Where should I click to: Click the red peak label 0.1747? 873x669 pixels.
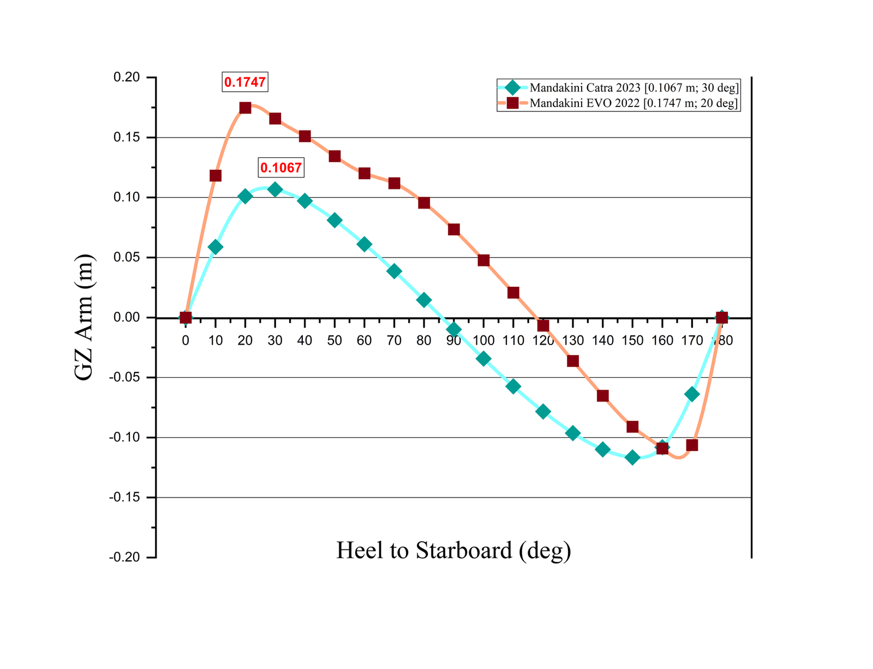pos(245,82)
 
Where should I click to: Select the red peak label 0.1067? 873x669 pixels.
pos(280,168)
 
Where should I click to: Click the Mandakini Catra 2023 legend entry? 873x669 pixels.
pos(618,87)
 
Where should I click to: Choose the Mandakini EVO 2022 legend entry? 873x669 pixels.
pos(618,103)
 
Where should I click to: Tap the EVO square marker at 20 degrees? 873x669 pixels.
pos(246,108)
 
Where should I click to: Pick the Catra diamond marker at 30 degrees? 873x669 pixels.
pos(275,190)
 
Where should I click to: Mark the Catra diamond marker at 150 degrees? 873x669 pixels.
pos(632,457)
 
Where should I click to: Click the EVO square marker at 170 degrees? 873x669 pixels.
pos(692,445)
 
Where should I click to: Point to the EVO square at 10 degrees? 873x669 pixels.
pos(216,175)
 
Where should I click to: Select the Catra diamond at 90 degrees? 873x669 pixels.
pos(454,329)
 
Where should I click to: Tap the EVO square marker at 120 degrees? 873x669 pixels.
pos(543,326)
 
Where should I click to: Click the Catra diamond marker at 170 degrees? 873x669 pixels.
pos(692,394)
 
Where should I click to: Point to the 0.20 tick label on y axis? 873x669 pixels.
pos(126,78)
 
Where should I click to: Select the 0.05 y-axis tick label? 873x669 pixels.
pos(126,257)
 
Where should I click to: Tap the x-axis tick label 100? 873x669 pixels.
pos(483,341)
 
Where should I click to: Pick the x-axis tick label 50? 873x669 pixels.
pos(334,341)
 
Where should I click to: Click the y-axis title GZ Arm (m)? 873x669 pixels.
pos(85,317)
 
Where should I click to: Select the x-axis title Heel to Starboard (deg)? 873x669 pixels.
pos(453,550)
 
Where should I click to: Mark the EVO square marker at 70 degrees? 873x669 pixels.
pos(394,183)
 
